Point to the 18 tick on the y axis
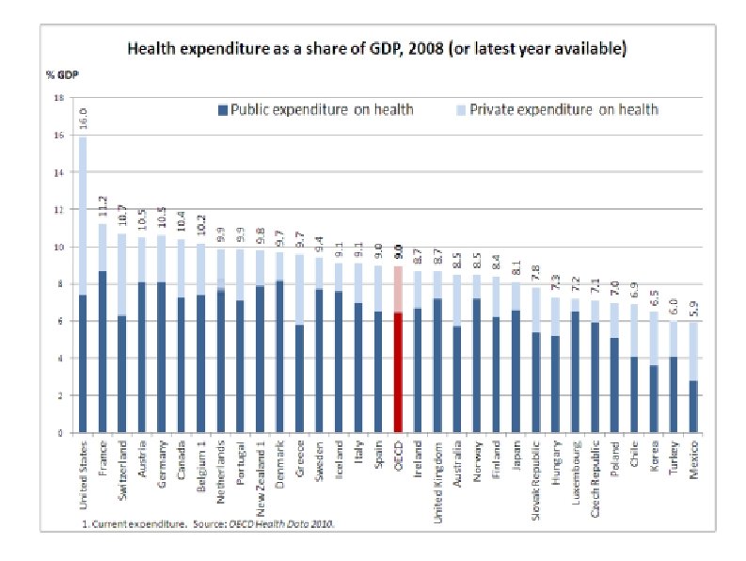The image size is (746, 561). click(60, 98)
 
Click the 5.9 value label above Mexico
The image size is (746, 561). click(693, 312)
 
